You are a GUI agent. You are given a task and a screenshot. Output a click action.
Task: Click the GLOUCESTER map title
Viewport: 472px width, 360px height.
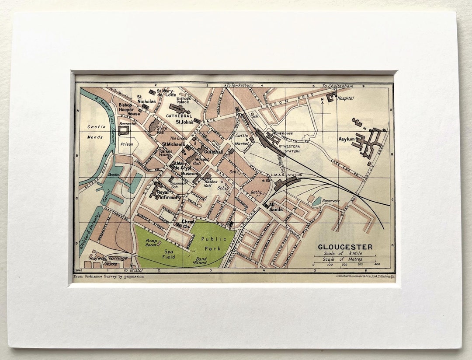345,247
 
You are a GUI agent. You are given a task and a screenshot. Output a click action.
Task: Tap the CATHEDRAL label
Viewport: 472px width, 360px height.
179,116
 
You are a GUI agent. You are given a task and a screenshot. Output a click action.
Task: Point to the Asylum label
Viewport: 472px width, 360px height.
346,139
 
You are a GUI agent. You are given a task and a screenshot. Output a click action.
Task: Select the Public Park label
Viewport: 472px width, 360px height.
214,243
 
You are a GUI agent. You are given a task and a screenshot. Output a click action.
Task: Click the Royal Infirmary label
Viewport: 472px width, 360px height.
169,195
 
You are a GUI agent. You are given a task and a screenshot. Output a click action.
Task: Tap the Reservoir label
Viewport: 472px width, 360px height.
331,200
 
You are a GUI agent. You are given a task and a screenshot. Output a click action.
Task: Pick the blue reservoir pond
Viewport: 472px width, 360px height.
317,202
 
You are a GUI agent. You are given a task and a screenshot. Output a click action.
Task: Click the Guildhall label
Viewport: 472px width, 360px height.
214,152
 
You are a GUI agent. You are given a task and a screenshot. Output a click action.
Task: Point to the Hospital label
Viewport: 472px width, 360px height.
345,98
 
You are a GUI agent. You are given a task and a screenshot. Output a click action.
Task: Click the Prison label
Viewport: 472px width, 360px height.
126,144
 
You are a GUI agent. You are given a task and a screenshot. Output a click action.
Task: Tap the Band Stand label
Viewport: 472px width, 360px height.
201,260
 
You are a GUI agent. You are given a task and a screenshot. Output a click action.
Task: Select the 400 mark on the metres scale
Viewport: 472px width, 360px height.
377,265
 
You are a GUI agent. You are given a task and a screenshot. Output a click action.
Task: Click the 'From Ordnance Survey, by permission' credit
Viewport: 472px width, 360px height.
108,276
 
